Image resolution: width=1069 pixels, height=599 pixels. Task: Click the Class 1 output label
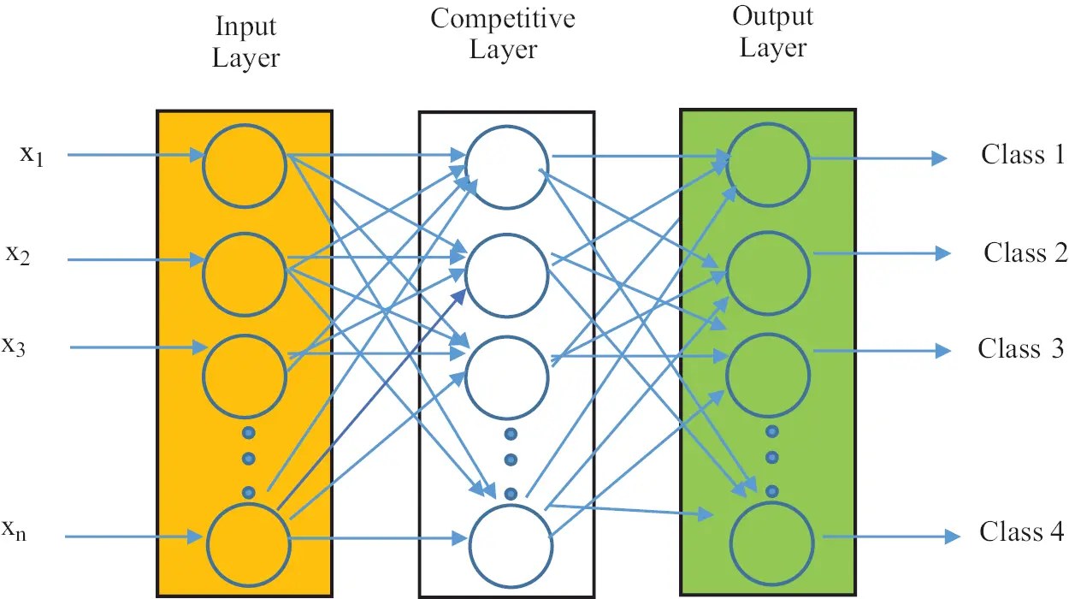pos(1022,155)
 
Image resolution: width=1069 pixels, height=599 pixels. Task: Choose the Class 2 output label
pos(1025,253)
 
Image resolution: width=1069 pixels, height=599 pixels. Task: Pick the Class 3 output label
pos(1021,349)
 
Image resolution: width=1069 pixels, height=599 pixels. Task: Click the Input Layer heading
pos(245,44)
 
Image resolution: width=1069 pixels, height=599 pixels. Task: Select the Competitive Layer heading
pos(503,33)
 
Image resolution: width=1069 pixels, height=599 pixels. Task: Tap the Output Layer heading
pos(772,32)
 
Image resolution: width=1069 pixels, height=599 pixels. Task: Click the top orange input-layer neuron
pos(244,164)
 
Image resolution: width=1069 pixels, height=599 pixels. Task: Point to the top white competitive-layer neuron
pos(507,166)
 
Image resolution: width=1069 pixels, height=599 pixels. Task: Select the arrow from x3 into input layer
pos(137,347)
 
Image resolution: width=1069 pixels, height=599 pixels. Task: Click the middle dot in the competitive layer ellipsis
pos(511,460)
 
